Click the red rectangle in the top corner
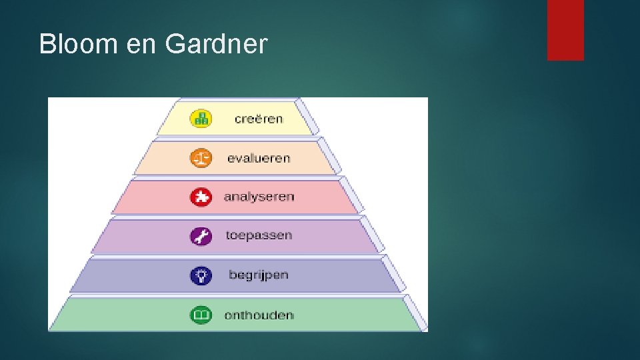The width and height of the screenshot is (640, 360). tap(565, 29)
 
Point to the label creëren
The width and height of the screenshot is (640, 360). tap(259, 119)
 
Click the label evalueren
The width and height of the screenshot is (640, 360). tap(259, 158)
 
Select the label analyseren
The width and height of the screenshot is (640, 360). tap(259, 197)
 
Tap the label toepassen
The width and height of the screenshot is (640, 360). tap(259, 235)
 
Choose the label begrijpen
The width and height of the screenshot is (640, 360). tap(259, 275)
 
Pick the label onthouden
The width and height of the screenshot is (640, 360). tap(259, 315)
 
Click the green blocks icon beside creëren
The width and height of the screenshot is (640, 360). tap(201, 119)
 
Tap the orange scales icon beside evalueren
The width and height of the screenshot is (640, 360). tap(201, 158)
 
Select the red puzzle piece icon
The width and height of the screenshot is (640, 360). tap(201, 197)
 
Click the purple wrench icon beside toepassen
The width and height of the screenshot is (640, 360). tap(201, 236)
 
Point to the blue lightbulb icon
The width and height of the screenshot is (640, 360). tap(201, 275)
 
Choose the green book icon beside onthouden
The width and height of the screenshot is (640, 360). tap(201, 315)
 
